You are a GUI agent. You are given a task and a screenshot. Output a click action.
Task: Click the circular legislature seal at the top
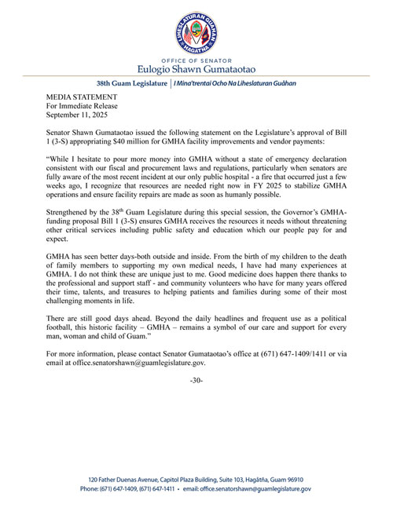[x=196, y=32]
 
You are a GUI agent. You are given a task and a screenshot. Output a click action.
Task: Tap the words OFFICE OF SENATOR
[x=196, y=59]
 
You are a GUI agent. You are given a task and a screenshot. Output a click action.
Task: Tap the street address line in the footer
[x=196, y=479]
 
